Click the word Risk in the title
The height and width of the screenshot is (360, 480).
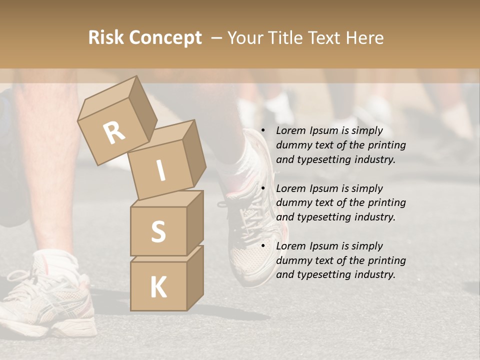[x=106, y=38]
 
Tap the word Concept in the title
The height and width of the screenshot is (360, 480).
[x=165, y=38]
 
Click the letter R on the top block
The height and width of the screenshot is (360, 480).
[x=114, y=133]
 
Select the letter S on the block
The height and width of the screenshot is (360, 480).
[x=158, y=231]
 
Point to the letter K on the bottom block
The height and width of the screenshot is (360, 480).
[x=158, y=287]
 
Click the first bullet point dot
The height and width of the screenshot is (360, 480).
[x=262, y=131]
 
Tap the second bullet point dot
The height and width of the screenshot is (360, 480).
[x=262, y=188]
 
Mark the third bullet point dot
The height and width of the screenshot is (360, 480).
[x=262, y=246]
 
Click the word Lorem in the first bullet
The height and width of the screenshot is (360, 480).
[x=290, y=130]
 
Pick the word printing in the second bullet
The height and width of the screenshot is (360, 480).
[x=386, y=203]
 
